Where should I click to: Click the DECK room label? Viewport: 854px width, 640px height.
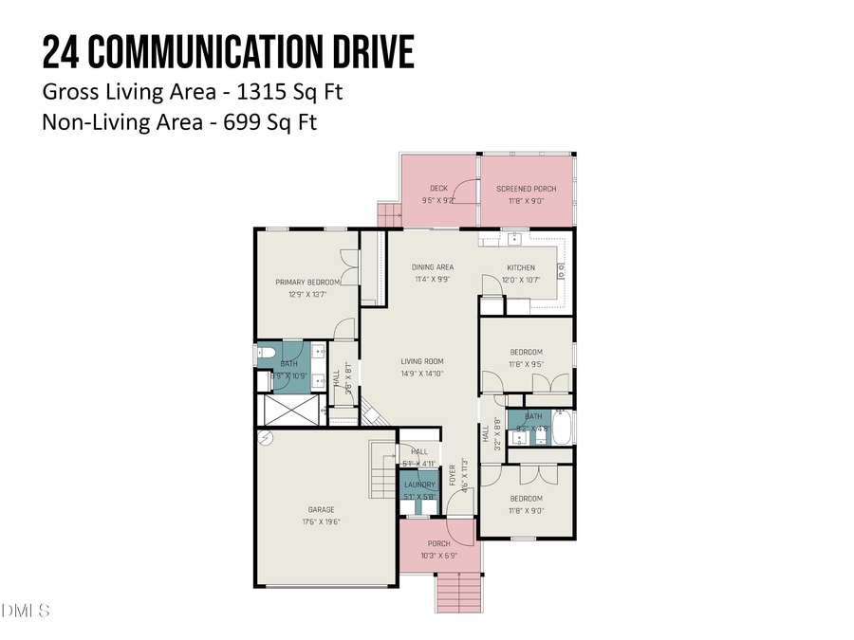438,188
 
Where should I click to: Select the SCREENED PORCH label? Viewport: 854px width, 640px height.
527,188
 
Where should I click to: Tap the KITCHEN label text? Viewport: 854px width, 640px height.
521,267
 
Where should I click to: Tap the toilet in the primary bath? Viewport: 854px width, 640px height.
267,355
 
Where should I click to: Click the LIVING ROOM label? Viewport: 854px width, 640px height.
422,361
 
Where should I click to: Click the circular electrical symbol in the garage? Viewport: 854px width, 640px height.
267,439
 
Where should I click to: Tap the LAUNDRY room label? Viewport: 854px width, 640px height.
419,485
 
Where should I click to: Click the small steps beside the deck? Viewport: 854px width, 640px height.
389,217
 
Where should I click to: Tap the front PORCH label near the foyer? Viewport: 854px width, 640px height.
438,543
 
